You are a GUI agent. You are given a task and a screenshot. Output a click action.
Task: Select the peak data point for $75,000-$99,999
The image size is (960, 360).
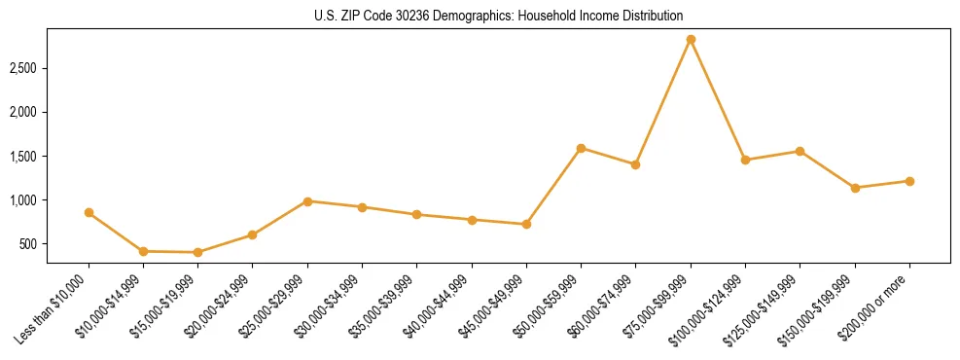(x=691, y=40)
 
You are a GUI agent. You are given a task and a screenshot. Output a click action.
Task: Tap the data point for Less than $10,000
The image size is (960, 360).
(x=89, y=212)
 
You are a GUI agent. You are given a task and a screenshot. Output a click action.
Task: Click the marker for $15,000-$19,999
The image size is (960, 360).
(x=198, y=252)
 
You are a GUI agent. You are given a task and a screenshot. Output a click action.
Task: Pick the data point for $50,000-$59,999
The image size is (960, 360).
(x=581, y=148)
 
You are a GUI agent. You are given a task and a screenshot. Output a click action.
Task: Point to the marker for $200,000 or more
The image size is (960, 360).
(x=909, y=181)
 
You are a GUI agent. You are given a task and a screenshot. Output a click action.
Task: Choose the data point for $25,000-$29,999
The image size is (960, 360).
(x=307, y=201)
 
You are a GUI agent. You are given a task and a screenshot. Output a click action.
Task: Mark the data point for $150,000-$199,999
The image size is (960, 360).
(x=855, y=188)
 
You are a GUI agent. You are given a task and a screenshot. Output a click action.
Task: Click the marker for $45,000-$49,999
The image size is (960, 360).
(x=526, y=224)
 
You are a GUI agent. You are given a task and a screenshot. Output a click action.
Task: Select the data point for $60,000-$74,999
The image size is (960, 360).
(x=635, y=164)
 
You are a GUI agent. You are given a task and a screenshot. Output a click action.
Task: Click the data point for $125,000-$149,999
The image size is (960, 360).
(x=800, y=151)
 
